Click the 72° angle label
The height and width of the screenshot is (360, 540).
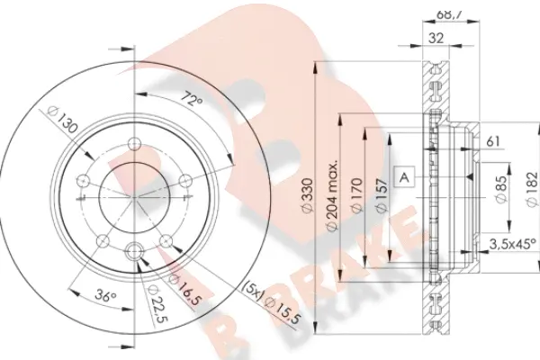192,100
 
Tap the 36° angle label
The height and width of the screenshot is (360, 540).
105,296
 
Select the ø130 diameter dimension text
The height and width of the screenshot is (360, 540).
62,121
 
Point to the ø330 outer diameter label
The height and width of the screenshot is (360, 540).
307,194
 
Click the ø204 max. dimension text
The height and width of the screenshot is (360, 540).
332,194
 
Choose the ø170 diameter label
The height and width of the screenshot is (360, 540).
356,194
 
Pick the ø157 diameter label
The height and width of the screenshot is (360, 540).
382,194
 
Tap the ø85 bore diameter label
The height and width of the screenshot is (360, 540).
502,189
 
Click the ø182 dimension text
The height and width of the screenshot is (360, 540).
532,190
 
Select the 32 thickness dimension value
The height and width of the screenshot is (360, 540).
436,38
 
